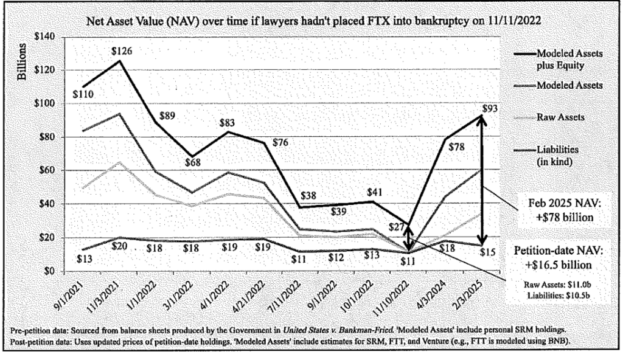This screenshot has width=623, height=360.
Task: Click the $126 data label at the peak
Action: coord(122,51)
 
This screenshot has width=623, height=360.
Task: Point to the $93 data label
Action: coord(489,109)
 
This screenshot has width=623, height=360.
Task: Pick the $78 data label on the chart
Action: coord(463,147)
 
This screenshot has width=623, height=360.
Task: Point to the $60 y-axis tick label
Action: coord(47,171)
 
